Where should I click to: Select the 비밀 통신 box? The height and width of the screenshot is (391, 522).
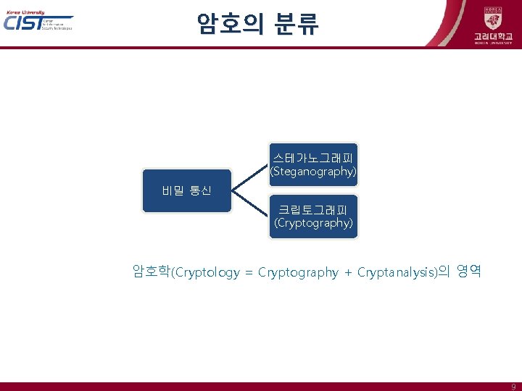186,191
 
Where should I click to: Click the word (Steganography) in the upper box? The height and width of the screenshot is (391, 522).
313,172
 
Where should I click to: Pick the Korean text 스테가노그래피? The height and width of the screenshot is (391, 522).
313,157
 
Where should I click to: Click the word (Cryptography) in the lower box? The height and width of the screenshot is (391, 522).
313,223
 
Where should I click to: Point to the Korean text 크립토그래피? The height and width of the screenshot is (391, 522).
313,209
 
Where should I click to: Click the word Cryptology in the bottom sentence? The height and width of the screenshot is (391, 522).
207,272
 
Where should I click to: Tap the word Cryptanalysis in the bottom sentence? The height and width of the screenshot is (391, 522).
397,272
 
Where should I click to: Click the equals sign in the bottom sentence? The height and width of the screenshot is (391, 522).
249,273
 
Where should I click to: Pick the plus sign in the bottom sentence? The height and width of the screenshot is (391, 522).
348,273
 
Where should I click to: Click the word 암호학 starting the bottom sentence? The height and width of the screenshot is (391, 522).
151,272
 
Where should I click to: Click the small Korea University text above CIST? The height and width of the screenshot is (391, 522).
24,12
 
